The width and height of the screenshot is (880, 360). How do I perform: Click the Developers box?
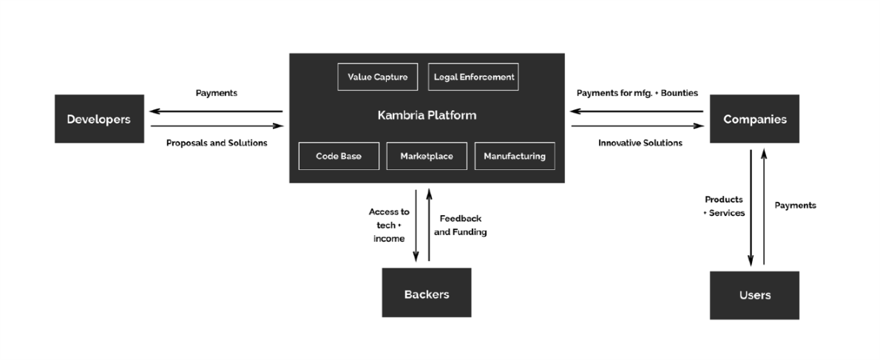click(99, 119)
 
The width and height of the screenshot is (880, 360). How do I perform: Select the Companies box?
click(754, 119)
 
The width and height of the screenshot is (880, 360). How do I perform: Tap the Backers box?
click(426, 293)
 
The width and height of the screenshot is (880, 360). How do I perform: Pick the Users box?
click(754, 295)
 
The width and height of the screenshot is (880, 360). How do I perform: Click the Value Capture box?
click(377, 77)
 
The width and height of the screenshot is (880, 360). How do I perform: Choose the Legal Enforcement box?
click(473, 77)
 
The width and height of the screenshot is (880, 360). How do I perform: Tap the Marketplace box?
click(427, 156)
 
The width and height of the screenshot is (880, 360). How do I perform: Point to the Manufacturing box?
click(514, 156)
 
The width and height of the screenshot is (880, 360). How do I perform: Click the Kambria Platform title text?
click(426, 115)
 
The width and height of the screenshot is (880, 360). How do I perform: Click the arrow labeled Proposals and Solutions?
click(216, 126)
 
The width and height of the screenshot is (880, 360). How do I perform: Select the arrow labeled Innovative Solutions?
click(637, 126)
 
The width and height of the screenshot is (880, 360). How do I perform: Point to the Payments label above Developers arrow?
click(216, 93)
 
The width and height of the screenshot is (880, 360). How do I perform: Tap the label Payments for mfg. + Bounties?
click(637, 93)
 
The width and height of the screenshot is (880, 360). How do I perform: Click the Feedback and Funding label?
click(460, 225)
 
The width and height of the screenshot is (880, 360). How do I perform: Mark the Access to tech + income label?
click(389, 225)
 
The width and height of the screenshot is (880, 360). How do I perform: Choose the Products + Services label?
click(724, 206)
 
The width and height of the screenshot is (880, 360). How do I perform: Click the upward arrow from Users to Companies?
click(764, 206)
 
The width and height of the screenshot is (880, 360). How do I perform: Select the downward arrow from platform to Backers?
click(416, 225)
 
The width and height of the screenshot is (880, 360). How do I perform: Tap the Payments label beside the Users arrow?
click(795, 206)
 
